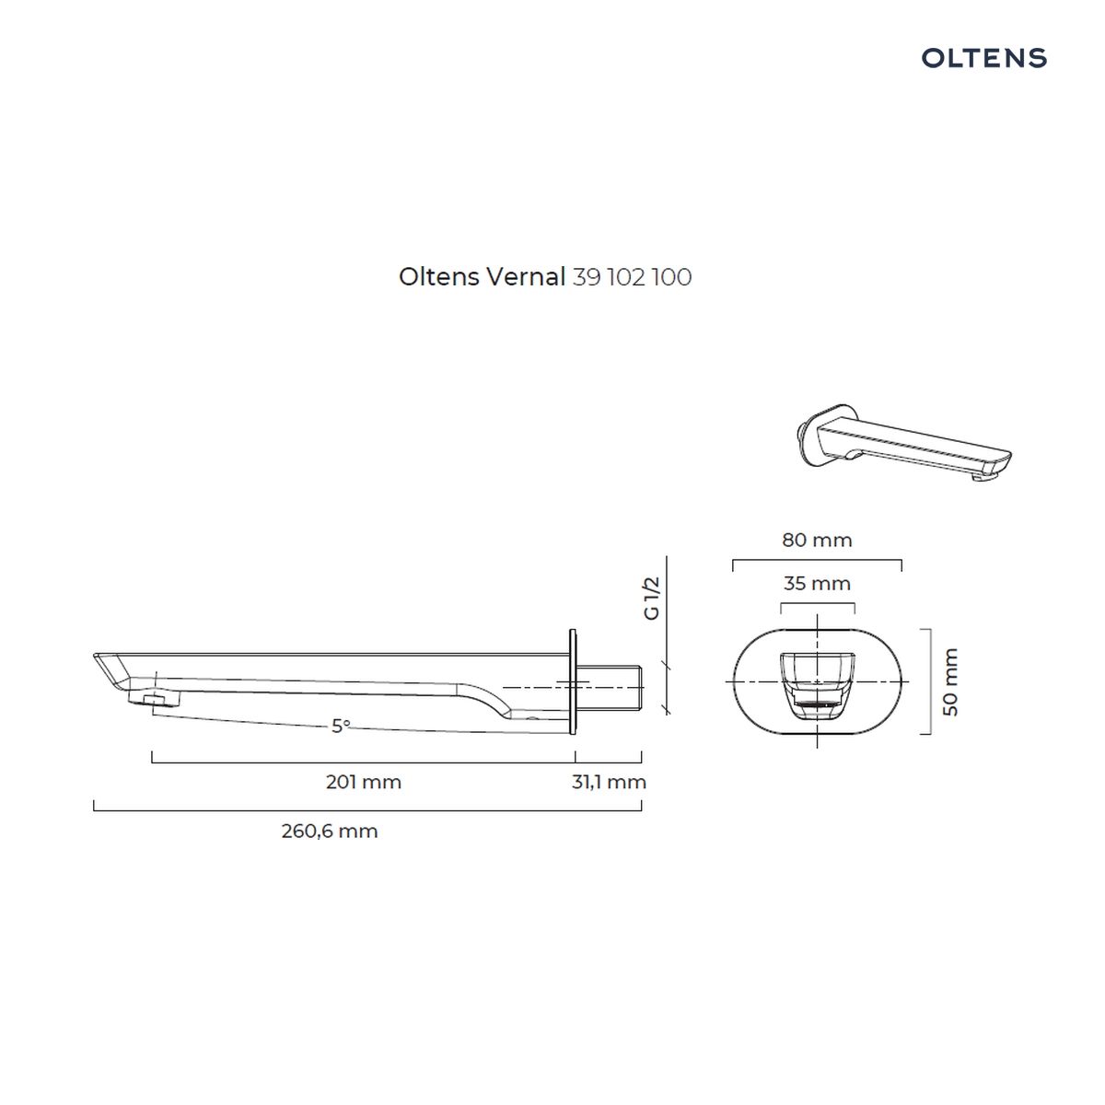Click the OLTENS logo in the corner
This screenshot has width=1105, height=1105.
point(983,58)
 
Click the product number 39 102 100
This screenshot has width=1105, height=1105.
point(632,277)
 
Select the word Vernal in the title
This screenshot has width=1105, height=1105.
point(525,277)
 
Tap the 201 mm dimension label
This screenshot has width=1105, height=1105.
point(364,782)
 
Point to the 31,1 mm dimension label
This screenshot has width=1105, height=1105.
point(609,782)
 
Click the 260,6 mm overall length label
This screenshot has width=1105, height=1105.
point(329,831)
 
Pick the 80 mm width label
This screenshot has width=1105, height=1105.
point(817,540)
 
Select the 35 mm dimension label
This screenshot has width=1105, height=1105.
point(817,583)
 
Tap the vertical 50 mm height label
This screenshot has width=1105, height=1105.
point(950,681)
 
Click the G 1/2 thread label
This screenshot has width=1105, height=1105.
point(652,599)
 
